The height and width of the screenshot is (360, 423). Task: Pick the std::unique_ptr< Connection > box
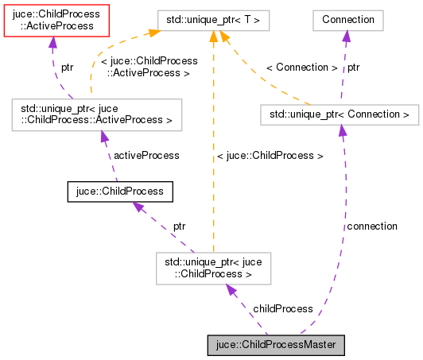tap(339, 115)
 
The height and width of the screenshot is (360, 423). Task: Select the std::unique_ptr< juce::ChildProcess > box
tap(213, 268)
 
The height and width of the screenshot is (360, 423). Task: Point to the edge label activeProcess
tap(146, 156)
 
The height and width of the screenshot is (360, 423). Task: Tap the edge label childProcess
tap(282, 308)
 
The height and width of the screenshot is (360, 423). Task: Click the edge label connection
tap(371, 226)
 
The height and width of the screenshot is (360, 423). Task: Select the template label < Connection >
tap(301, 68)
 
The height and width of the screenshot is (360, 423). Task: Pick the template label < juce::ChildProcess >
tap(270, 156)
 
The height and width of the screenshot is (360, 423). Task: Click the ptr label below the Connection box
tap(353, 68)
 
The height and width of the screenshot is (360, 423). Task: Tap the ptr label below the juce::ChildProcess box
tap(179, 226)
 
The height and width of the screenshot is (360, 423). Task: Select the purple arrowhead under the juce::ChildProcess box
tap(137, 207)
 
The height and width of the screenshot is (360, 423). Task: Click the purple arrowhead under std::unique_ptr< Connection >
tap(342, 131)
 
